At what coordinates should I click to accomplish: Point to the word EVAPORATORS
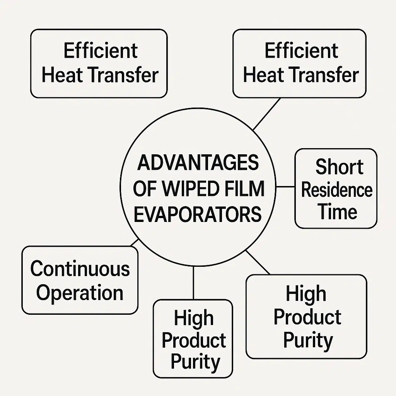(198, 214)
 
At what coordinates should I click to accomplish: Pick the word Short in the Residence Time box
(339, 167)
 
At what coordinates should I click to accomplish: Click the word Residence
(336, 190)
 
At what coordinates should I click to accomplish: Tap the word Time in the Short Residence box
(337, 212)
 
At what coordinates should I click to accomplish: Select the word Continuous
(80, 268)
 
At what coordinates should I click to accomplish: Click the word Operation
(80, 293)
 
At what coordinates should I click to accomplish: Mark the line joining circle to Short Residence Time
(286, 187)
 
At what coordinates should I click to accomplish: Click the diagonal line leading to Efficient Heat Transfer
(266, 114)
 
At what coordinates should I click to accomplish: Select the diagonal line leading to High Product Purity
(258, 262)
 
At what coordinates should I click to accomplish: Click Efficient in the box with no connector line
(100, 51)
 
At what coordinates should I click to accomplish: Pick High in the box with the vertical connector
(193, 318)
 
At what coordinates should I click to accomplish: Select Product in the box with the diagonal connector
(307, 317)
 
